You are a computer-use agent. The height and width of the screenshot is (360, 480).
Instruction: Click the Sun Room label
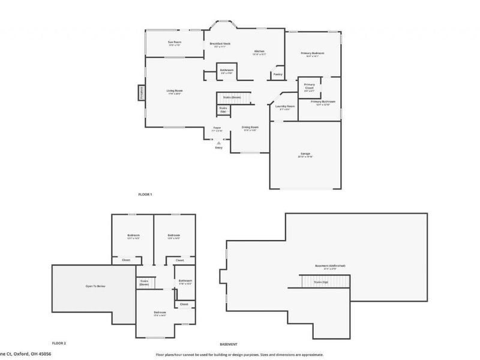[175, 43]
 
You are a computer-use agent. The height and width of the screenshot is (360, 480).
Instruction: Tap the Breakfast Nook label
[220, 44]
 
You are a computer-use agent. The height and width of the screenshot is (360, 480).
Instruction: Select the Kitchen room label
[259, 52]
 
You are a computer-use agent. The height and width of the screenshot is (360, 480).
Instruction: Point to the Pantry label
[277, 74]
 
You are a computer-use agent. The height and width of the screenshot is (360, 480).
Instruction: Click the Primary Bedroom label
[313, 53]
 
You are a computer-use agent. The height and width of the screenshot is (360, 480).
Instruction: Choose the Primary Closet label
[309, 86]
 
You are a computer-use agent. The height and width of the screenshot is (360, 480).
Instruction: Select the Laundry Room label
[284, 107]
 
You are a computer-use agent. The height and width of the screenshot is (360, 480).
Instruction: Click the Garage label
[305, 154]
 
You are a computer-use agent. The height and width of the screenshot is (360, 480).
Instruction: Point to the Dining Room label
[250, 128]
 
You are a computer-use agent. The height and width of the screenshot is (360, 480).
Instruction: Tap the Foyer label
[217, 128]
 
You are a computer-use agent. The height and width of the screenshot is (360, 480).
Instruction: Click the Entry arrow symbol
[219, 143]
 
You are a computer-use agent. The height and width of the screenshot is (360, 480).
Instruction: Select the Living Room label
[174, 91]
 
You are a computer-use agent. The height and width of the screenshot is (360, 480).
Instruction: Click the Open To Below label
[95, 286]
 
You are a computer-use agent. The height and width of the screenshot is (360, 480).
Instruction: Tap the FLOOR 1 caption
[145, 194]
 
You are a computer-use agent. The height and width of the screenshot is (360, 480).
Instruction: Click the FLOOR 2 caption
[58, 343]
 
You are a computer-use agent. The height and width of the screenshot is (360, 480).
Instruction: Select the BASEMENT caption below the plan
[229, 344]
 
